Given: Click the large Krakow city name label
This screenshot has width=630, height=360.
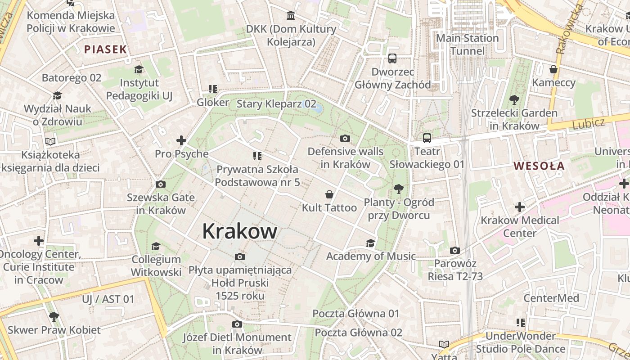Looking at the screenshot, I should point(239,231).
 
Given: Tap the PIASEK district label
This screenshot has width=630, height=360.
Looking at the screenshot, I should point(106,49).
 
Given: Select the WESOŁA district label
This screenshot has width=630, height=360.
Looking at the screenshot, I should point(539,166).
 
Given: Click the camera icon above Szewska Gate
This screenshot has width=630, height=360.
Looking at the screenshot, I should point(160,184).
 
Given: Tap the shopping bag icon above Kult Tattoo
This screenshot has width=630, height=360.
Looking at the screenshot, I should point(329,194).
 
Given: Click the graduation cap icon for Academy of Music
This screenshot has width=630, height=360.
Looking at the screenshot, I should point(370,243).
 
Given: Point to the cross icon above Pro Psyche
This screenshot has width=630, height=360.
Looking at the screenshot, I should point(181,140).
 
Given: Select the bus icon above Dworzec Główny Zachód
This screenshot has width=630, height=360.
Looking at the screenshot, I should point(392,58).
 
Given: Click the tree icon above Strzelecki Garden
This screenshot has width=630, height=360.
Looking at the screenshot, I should point(514,100).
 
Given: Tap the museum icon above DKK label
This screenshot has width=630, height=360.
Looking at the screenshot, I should point(291,16).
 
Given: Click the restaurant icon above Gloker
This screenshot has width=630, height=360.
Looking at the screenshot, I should point(212,89).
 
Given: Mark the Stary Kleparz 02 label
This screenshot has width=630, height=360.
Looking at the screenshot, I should point(276,104).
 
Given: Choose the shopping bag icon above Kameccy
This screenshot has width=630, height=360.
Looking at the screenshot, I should point(553,69).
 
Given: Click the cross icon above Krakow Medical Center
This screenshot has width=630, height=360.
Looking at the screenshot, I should point(520,207).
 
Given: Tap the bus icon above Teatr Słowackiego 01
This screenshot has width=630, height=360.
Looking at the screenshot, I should point(427,138).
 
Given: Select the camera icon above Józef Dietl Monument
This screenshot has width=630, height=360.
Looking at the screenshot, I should point(237,324).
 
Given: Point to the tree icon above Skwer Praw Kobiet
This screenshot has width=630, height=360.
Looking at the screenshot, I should point(54,316).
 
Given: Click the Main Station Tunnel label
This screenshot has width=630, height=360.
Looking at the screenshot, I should point(468,45).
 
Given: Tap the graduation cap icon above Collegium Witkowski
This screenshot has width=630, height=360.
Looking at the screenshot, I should point(156,246).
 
